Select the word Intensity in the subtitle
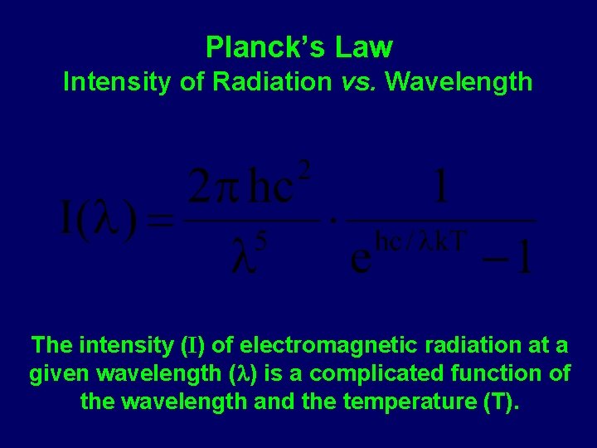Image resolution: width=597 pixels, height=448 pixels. click(109, 81)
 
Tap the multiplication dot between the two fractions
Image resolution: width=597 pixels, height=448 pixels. click(332, 222)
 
